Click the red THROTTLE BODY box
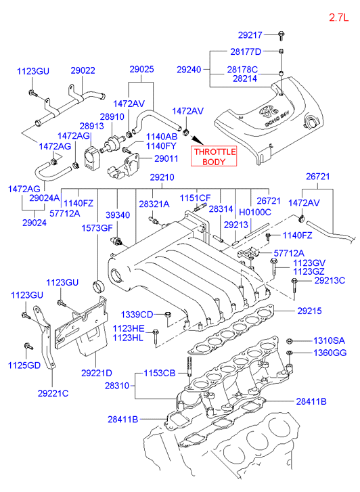(x=214, y=156)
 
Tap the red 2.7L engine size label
(x=338, y=18)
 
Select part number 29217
(x=250, y=35)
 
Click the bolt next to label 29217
(x=281, y=35)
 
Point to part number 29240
(x=189, y=69)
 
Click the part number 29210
(x=162, y=177)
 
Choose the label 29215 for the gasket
(x=309, y=311)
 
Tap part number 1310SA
(x=329, y=340)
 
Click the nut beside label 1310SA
(x=290, y=341)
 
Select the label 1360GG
(x=330, y=353)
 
